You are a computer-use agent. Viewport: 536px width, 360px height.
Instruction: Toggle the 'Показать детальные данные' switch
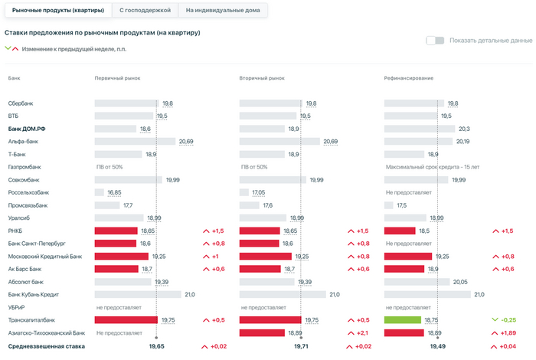[x=435, y=41]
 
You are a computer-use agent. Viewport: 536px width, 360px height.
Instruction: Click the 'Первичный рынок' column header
[x=117, y=78]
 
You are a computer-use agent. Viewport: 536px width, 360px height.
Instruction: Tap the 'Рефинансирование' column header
[x=410, y=78]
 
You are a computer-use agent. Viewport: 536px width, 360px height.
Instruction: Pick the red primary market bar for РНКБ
[x=116, y=231]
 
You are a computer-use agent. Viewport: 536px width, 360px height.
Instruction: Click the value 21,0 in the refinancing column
[x=479, y=294]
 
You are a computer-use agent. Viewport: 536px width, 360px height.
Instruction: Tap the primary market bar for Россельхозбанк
[x=100, y=192]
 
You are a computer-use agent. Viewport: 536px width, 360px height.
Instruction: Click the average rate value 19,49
[x=437, y=347]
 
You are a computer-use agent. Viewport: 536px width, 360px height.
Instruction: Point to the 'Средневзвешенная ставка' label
[x=46, y=347]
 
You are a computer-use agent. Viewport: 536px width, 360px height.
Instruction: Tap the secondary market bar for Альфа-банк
[x=279, y=142]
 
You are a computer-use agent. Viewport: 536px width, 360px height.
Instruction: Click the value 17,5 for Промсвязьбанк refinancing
[x=401, y=205]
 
